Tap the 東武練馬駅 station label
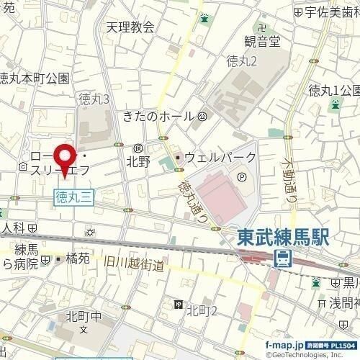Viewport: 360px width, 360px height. point(284,238)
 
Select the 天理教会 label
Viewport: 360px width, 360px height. point(130,27)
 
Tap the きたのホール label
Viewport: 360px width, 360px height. point(159,117)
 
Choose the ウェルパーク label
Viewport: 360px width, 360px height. point(220,157)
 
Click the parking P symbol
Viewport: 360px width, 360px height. point(241,174)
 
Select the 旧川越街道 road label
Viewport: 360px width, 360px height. point(135,264)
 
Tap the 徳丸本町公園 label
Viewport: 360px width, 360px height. point(35,78)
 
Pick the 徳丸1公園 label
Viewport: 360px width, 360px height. point(333,90)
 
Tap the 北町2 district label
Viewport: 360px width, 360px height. point(202,309)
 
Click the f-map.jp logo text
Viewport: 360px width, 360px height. point(284,344)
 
